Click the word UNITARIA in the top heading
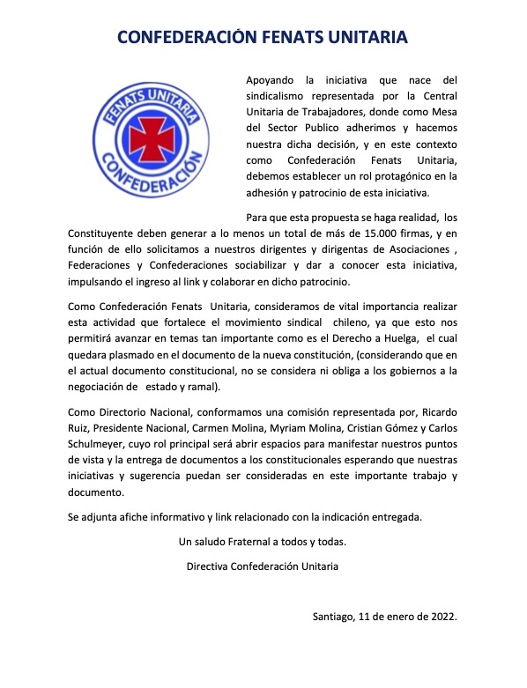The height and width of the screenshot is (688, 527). pos(357,38)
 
